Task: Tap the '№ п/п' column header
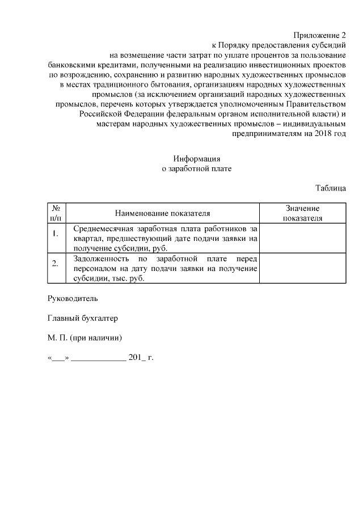(x=56, y=213)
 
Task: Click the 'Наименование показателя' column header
(x=162, y=213)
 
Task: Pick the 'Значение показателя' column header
(x=302, y=213)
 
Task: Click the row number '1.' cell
(x=56, y=238)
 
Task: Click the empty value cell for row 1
(x=302, y=238)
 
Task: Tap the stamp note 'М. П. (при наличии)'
(x=85, y=338)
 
